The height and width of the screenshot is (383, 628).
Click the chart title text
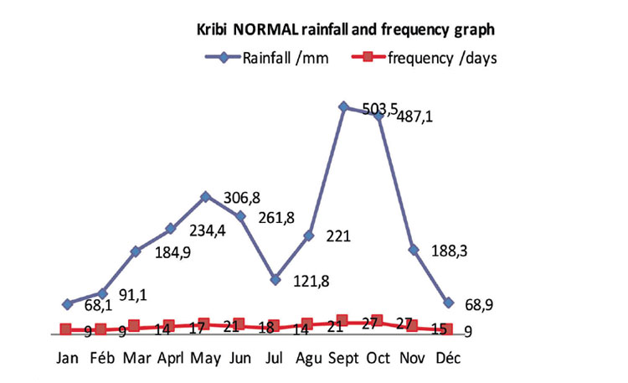(346, 29)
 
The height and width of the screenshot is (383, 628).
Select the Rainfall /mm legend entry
(267, 58)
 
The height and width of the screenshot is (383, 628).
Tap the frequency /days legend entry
(425, 58)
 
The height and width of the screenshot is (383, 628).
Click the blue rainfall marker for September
(343, 106)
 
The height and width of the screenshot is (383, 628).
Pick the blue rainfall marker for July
(275, 280)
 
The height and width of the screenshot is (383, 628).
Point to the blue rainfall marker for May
(205, 196)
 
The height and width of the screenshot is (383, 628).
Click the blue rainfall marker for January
(68, 304)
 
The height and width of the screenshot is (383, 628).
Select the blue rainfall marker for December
(449, 303)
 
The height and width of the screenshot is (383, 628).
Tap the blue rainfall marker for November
(414, 250)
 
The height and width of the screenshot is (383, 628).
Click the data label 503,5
(379, 109)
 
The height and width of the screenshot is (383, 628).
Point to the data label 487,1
(414, 116)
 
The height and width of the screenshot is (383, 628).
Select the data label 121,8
(311, 281)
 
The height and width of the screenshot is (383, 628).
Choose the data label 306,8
(242, 198)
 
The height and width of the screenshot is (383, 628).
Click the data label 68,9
(479, 305)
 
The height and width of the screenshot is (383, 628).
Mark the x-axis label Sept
(343, 358)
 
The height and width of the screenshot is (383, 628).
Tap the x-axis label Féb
(102, 357)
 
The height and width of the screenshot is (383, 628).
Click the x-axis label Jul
(275, 357)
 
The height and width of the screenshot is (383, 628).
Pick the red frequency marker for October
(377, 321)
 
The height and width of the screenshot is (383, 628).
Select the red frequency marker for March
(135, 326)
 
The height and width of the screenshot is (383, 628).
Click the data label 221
(338, 236)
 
